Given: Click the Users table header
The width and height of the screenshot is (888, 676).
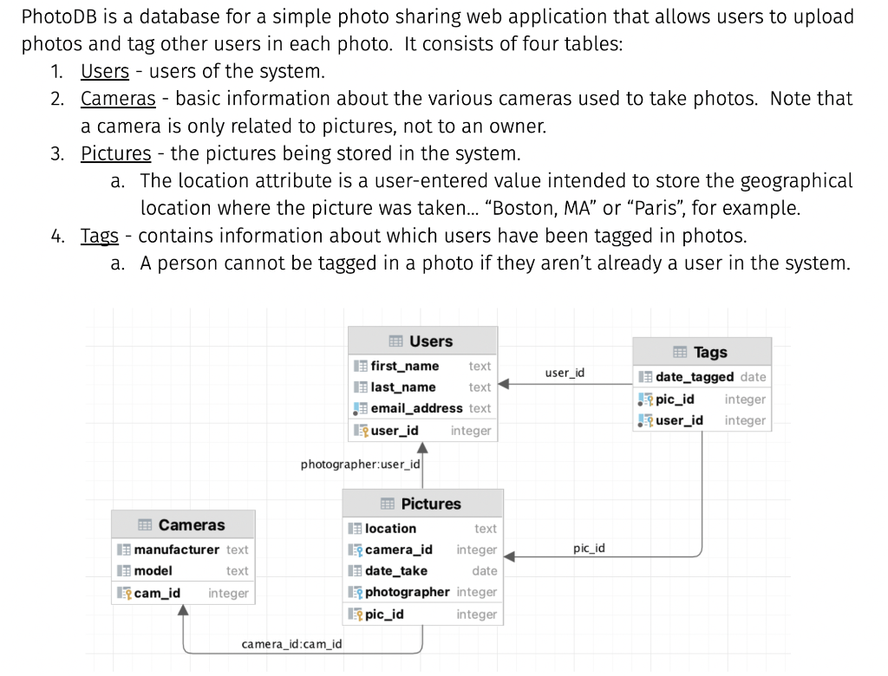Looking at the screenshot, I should pyautogui.click(x=422, y=341).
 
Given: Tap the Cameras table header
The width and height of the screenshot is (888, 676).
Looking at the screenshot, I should pyautogui.click(x=182, y=525).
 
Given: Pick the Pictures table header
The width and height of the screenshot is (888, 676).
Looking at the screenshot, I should pyautogui.click(x=422, y=504).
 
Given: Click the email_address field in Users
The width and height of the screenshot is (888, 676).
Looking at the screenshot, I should pyautogui.click(x=416, y=408).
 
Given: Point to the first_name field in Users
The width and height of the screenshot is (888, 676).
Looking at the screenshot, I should pyautogui.click(x=404, y=366).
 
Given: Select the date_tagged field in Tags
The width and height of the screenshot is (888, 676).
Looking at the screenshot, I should pyautogui.click(x=694, y=377).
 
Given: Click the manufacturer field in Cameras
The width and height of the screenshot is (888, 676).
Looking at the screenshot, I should pyautogui.click(x=177, y=549).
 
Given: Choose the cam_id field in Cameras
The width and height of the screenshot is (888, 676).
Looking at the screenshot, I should pyautogui.click(x=157, y=593).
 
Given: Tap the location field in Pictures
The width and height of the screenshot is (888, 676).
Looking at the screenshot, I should pyautogui.click(x=390, y=529).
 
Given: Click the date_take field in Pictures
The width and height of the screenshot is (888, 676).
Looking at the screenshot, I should pyautogui.click(x=395, y=571).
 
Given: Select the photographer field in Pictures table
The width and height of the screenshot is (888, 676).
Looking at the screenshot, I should pyautogui.click(x=407, y=592).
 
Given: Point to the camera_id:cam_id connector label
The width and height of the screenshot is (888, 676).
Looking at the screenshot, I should pyautogui.click(x=291, y=644).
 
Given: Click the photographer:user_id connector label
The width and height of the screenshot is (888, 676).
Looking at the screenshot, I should pyautogui.click(x=360, y=465).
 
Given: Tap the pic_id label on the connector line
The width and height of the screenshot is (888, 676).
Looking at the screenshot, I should pyautogui.click(x=589, y=549).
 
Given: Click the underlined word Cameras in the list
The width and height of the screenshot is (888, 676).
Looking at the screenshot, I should pyautogui.click(x=118, y=99).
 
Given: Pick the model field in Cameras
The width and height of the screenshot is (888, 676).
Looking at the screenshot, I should pyautogui.click(x=153, y=571).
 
